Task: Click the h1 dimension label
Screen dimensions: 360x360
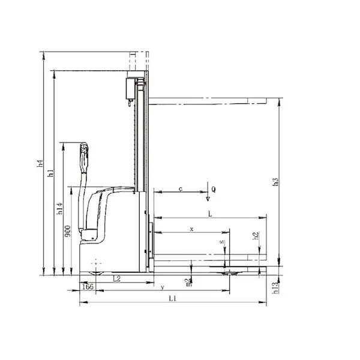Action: [51, 173]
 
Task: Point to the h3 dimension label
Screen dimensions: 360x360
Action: [275, 181]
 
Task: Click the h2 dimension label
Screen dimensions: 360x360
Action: [256, 236]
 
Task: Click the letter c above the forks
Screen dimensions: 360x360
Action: [180, 189]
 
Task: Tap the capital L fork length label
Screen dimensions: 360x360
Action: [209, 213]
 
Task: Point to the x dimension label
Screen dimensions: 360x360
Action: [191, 229]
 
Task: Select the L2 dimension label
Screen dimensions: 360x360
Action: [117, 279]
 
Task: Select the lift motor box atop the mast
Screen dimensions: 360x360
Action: [129, 87]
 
